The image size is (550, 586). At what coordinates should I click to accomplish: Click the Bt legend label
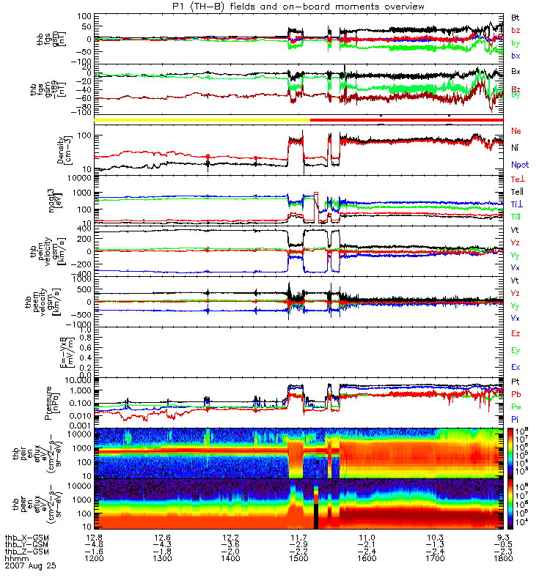point(516,16)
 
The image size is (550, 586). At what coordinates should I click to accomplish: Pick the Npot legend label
point(520,166)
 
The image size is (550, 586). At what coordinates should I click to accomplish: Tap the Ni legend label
point(516,148)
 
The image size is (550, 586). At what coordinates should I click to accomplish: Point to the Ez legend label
point(516,333)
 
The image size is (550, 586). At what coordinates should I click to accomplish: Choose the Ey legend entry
point(516,350)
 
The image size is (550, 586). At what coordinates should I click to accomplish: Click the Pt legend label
point(516,383)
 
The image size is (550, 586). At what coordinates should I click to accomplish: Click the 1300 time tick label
point(163,558)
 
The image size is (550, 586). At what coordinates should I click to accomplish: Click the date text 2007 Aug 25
point(30,566)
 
